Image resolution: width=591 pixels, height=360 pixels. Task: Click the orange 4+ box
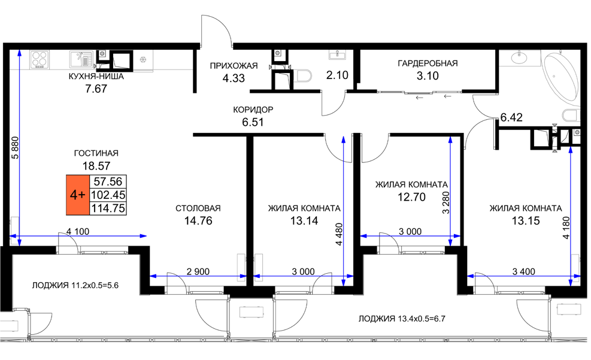pyautogui.click(x=78, y=195)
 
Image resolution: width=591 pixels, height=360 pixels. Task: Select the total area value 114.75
pyautogui.click(x=108, y=208)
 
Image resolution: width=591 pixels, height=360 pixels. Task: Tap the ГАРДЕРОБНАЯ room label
pyautogui.click(x=428, y=63)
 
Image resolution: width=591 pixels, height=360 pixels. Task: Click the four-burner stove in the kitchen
pyautogui.click(x=40, y=59)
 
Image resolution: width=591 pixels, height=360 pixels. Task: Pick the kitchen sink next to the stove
pyautogui.click(x=81, y=59)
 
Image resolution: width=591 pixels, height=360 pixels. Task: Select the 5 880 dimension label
pyautogui.click(x=15, y=148)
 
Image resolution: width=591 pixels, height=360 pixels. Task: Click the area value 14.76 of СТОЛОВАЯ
pyautogui.click(x=198, y=221)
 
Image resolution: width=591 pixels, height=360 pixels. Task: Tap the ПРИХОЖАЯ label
pyautogui.click(x=234, y=66)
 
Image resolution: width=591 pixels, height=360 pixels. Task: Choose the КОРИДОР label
pyautogui.click(x=253, y=110)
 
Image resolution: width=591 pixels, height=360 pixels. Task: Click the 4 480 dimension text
pyautogui.click(x=340, y=234)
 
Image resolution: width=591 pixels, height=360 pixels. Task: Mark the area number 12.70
pyautogui.click(x=411, y=197)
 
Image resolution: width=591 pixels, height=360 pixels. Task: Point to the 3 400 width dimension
pyautogui.click(x=524, y=271)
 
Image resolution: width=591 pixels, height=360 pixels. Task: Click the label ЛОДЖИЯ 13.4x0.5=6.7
pyautogui.click(x=402, y=319)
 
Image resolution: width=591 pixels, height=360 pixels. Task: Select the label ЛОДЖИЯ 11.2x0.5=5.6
pyautogui.click(x=75, y=285)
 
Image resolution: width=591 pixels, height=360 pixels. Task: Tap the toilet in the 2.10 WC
pyautogui.click(x=304, y=75)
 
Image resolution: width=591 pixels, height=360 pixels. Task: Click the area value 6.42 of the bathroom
pyautogui.click(x=511, y=117)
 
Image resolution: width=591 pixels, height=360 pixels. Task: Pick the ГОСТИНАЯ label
pyautogui.click(x=96, y=153)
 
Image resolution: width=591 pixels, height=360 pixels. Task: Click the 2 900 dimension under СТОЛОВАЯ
pyautogui.click(x=198, y=271)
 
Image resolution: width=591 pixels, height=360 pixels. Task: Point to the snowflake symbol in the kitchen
pyautogui.click(x=143, y=59)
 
